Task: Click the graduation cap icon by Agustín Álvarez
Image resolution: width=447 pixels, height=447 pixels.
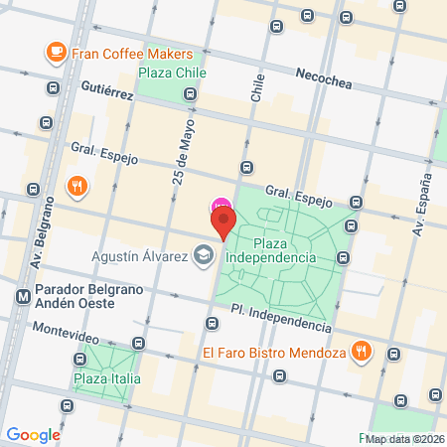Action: pyautogui.click(x=203, y=254)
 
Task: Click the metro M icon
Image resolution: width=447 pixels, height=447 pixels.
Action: pyautogui.click(x=22, y=296)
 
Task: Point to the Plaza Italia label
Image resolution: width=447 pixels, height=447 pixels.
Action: pyautogui.click(x=106, y=378)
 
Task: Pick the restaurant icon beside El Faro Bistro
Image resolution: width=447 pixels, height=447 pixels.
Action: pyautogui.click(x=364, y=351)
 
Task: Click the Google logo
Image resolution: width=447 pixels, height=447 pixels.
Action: pyautogui.click(x=33, y=434)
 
